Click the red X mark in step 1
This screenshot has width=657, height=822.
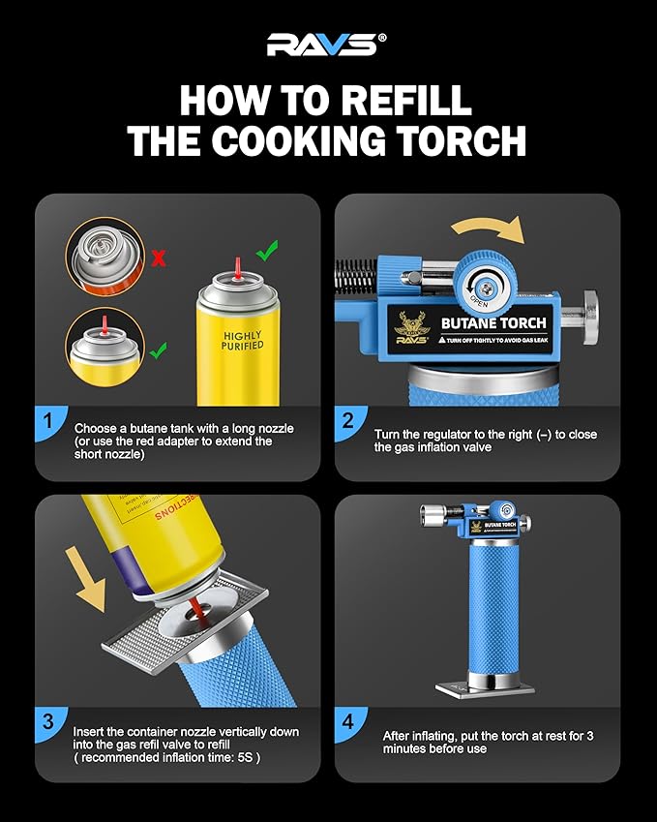point(158,259)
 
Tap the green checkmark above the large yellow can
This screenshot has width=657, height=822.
point(267,252)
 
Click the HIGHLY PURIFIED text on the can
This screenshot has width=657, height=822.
point(242,339)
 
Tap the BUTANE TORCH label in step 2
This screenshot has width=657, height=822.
point(493,323)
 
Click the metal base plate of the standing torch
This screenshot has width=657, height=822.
point(485,689)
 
